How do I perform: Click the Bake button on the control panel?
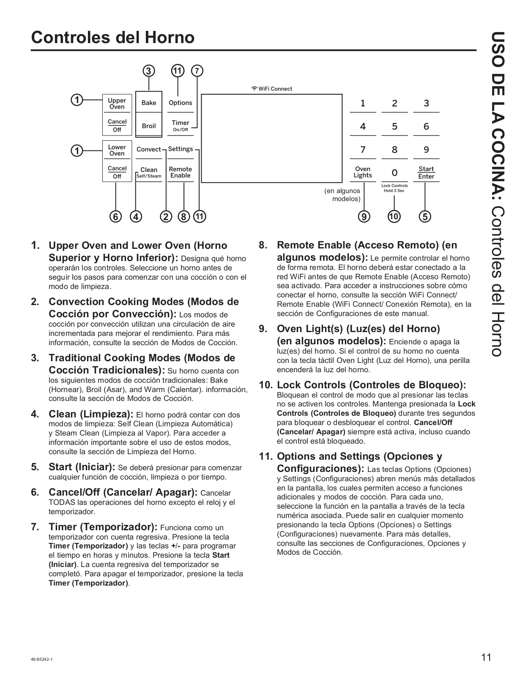(148, 103)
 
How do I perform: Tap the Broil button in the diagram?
(148, 126)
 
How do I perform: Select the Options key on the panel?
(180, 103)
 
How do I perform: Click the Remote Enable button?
(180, 172)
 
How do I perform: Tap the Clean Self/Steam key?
(148, 172)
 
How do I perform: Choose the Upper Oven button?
(117, 104)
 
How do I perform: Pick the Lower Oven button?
(117, 150)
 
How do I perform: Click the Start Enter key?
(426, 172)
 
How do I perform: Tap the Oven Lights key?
(363, 172)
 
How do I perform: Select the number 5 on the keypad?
(394, 126)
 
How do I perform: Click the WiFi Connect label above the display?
(271, 89)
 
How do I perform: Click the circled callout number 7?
(197, 71)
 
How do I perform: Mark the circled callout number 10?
(394, 217)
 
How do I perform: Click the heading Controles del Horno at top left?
(112, 38)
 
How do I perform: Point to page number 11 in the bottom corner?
(486, 657)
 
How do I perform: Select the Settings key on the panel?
(180, 149)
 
